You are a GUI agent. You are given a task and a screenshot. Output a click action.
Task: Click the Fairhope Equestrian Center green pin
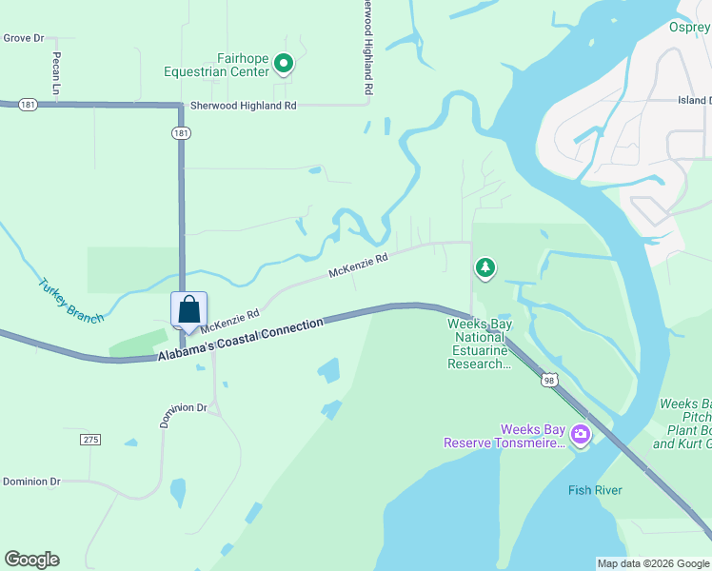click(x=283, y=64)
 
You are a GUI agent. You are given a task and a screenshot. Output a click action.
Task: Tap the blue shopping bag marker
click(x=188, y=310)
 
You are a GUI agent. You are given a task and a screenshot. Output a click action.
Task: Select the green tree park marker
click(x=485, y=267)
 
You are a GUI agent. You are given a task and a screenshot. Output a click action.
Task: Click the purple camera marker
click(x=580, y=435)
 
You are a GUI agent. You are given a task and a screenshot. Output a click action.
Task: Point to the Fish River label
click(x=595, y=490)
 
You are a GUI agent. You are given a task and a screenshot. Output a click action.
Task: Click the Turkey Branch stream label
click(x=70, y=301)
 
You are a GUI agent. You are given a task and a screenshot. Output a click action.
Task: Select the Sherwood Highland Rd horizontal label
click(x=244, y=106)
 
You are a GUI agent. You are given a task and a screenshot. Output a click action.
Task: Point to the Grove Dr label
click(x=24, y=38)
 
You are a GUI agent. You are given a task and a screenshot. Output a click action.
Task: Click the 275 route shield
click(x=89, y=440)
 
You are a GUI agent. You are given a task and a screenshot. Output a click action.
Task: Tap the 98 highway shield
click(x=548, y=380)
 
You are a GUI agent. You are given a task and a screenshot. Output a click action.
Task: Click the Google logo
click(x=31, y=560)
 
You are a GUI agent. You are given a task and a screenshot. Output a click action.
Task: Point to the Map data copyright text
click(x=652, y=563)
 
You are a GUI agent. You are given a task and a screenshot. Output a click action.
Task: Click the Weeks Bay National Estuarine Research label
click(x=480, y=344)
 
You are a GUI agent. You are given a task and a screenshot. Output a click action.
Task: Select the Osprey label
click(x=690, y=27)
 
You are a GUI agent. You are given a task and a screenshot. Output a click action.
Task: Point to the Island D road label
click(x=694, y=100)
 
